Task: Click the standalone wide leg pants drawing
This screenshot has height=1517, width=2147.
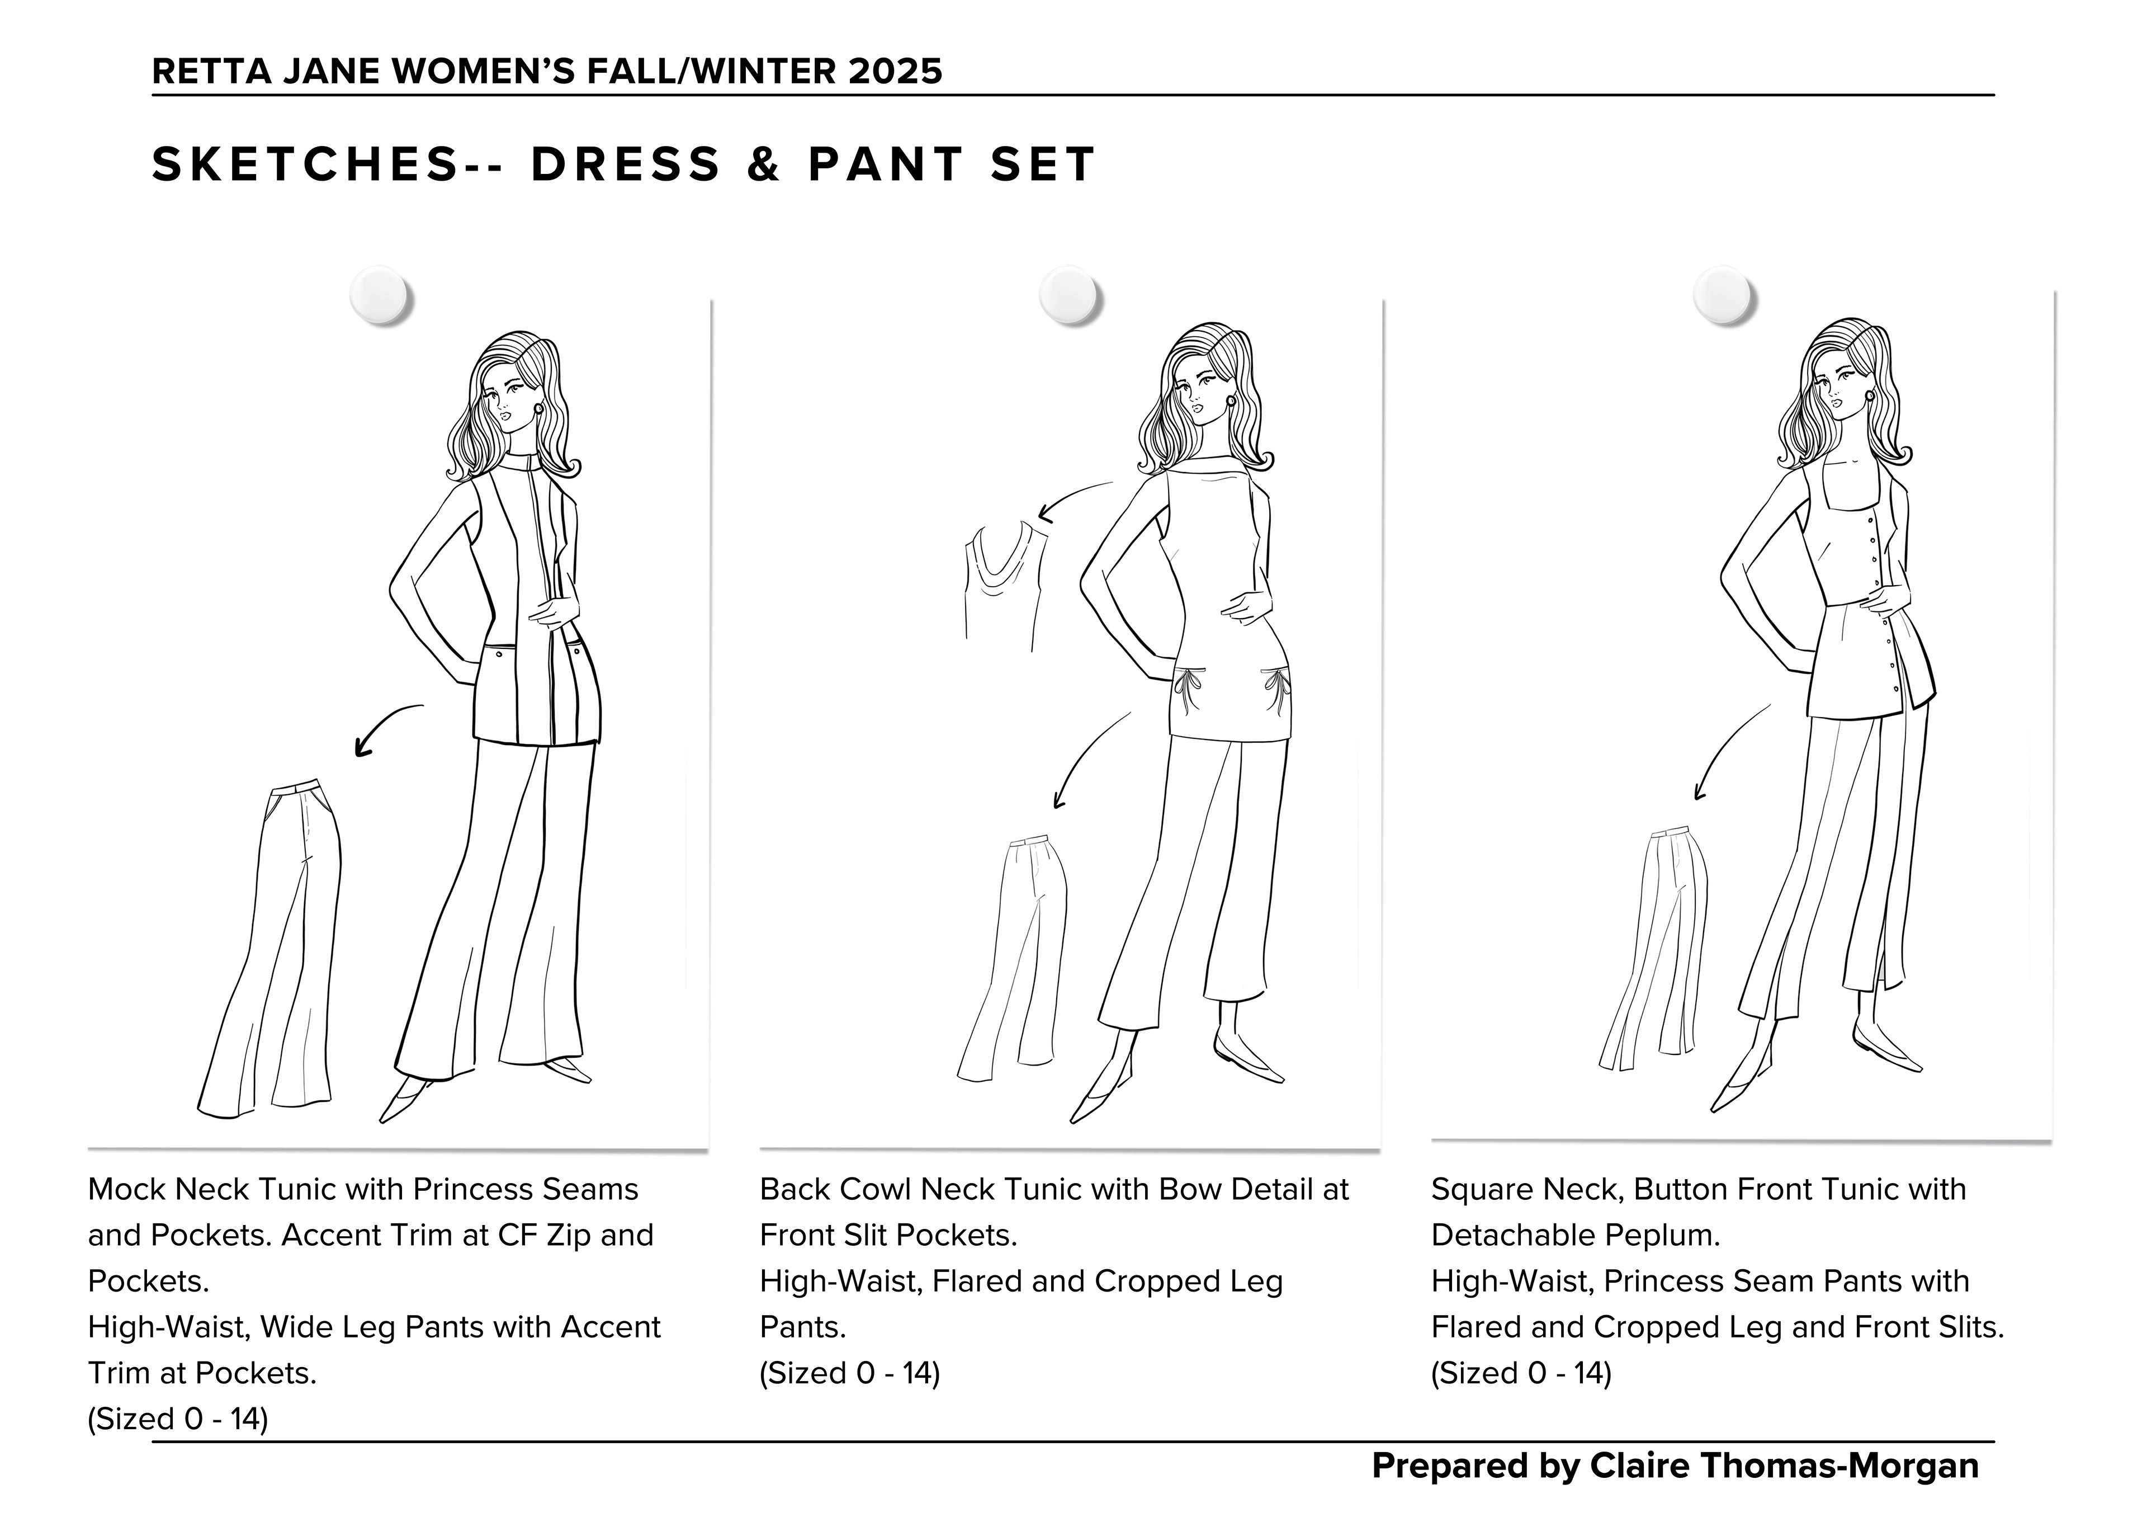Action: (x=271, y=945)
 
